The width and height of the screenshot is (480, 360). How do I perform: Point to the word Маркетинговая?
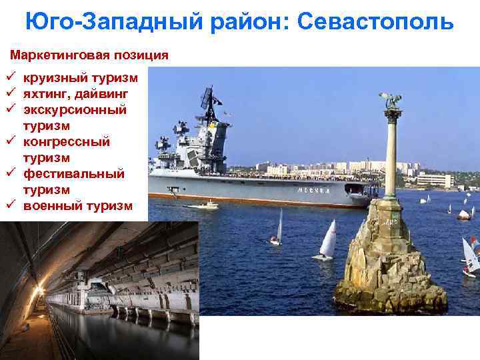point(56,54)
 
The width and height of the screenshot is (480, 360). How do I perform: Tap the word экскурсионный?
point(75,109)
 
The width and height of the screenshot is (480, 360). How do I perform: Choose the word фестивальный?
point(74,173)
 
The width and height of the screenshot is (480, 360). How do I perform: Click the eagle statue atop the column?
point(391,101)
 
